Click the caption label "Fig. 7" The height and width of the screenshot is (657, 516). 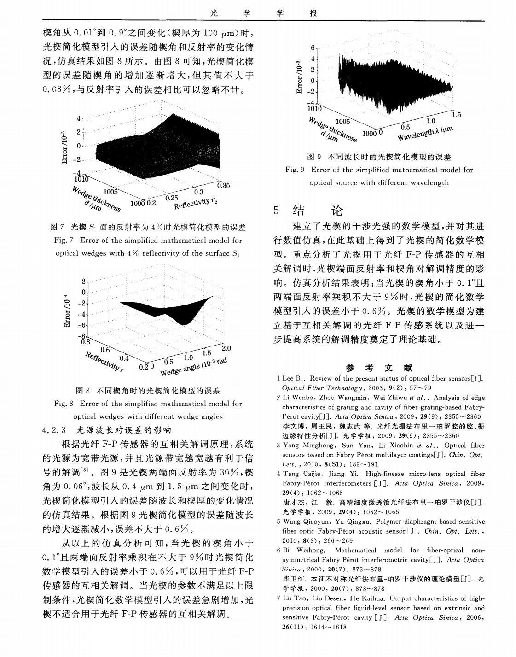point(64,240)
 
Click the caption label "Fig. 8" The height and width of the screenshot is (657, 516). point(64,404)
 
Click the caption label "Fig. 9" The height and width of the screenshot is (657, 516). point(296,170)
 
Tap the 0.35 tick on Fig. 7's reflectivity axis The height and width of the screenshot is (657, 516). point(223,185)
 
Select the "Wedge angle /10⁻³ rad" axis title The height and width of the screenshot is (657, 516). point(194,366)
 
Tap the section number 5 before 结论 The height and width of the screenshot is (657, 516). point(276,211)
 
